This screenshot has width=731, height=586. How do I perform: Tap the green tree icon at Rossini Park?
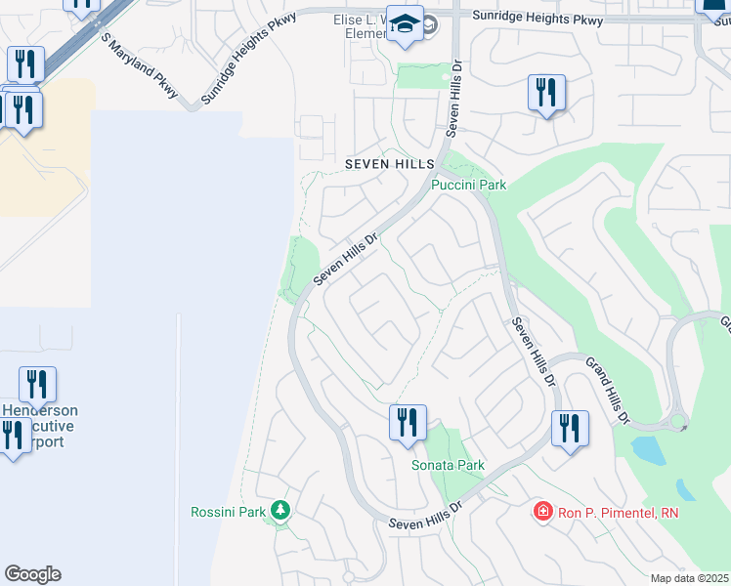(x=281, y=510)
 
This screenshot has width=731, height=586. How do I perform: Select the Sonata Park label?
(x=448, y=465)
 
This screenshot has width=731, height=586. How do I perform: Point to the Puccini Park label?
(x=469, y=184)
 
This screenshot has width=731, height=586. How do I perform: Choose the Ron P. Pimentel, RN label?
(x=618, y=512)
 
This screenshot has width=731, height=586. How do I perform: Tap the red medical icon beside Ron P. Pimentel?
(x=542, y=511)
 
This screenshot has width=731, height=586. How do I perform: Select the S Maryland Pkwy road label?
(x=139, y=65)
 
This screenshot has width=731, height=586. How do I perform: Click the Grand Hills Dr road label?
(x=607, y=391)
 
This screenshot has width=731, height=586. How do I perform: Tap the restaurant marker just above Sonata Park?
(x=408, y=422)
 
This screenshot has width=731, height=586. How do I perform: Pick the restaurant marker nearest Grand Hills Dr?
(x=570, y=428)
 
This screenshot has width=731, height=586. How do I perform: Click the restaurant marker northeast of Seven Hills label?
(x=545, y=93)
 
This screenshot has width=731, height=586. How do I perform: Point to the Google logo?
(x=32, y=573)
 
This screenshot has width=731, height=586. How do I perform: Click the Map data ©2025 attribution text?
(x=688, y=578)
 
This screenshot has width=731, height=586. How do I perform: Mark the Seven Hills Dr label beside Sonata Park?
(x=425, y=518)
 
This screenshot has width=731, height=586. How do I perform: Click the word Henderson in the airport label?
(x=41, y=411)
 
